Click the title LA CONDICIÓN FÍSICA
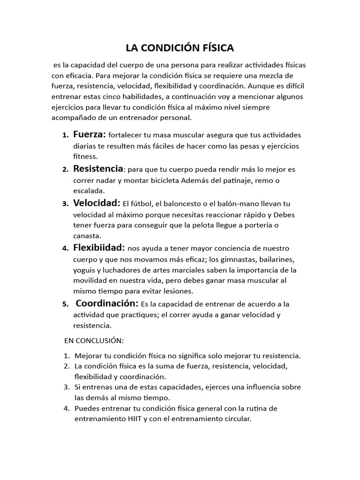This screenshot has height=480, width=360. pyautogui.click(x=180, y=48)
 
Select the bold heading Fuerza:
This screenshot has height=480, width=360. pyautogui.click(x=90, y=135)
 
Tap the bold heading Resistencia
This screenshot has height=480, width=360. pyautogui.click(x=98, y=169)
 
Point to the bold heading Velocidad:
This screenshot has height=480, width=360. pyautogui.click(x=97, y=203)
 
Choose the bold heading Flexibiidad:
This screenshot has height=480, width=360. pyautogui.click(x=99, y=247)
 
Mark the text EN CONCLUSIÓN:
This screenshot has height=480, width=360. pyautogui.click(x=94, y=339)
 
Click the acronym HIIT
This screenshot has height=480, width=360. pyautogui.click(x=134, y=420)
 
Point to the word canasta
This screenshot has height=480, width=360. pyautogui.click(x=87, y=236)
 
